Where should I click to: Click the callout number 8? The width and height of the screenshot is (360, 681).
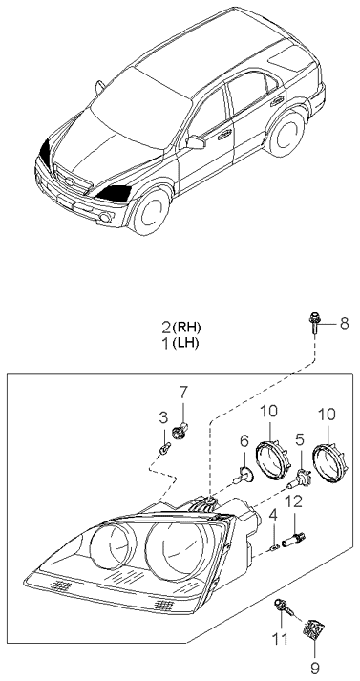[x=344, y=323]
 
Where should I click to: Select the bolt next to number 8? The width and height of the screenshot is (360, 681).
[x=314, y=322]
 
